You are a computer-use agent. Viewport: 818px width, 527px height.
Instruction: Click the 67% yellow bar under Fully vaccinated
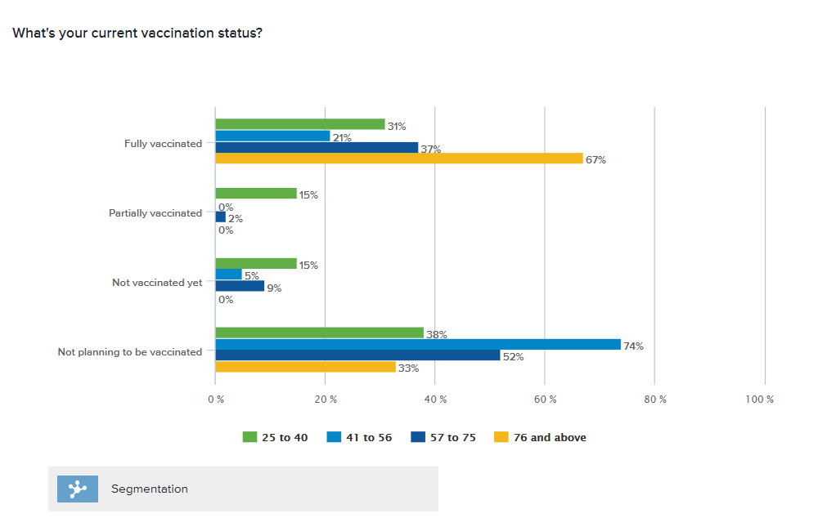399,159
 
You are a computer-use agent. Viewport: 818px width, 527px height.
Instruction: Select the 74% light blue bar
418,345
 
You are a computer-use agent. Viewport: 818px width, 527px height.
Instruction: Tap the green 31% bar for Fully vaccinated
300,124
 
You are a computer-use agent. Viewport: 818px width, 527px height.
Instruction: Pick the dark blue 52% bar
357,355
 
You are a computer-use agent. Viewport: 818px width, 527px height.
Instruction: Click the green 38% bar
319,333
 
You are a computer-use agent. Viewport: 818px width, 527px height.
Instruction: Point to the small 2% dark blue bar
220,217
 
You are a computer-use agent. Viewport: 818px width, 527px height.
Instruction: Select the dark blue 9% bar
240,286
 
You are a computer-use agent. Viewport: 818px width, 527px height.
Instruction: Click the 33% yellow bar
305,367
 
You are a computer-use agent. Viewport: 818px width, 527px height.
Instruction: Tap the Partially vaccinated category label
155,213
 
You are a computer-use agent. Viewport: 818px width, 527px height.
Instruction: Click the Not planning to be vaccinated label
129,352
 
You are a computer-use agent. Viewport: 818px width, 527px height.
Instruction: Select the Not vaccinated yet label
156,283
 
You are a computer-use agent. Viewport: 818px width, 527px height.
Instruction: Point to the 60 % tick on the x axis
546,400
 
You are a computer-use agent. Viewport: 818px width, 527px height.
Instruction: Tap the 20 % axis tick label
326,400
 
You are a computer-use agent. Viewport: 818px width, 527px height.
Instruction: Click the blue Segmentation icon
78,489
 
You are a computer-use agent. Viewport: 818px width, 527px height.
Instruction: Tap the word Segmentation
150,489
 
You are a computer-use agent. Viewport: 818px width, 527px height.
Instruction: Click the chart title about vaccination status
137,33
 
